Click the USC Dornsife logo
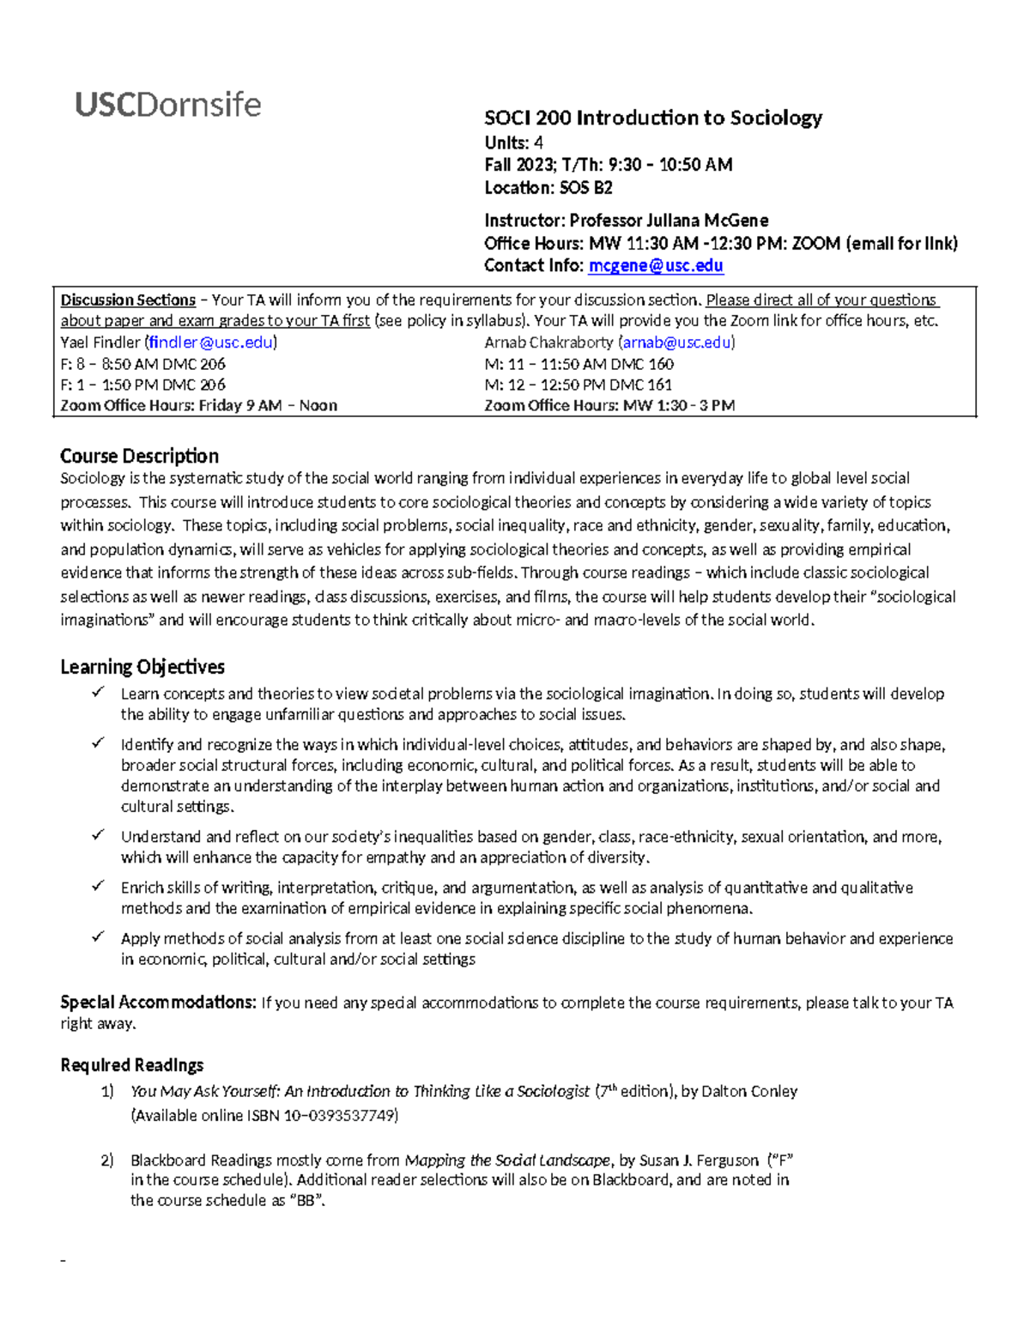[x=168, y=105]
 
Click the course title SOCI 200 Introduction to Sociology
[x=652, y=118]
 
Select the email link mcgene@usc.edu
[x=655, y=266]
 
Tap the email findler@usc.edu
[x=211, y=342]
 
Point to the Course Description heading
[x=139, y=456]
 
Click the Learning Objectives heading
[x=142, y=667]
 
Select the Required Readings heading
[x=132, y=1065]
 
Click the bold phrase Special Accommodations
[x=157, y=1003]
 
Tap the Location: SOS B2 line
[x=548, y=188]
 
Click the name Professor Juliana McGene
[x=669, y=221]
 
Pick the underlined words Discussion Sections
[x=128, y=300]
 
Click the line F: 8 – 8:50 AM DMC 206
[x=142, y=364]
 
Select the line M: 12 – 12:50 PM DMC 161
[x=578, y=385]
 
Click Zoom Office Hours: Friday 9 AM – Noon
[x=198, y=406]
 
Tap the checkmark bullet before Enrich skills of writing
[x=99, y=886]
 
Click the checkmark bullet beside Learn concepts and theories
[x=99, y=692]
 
